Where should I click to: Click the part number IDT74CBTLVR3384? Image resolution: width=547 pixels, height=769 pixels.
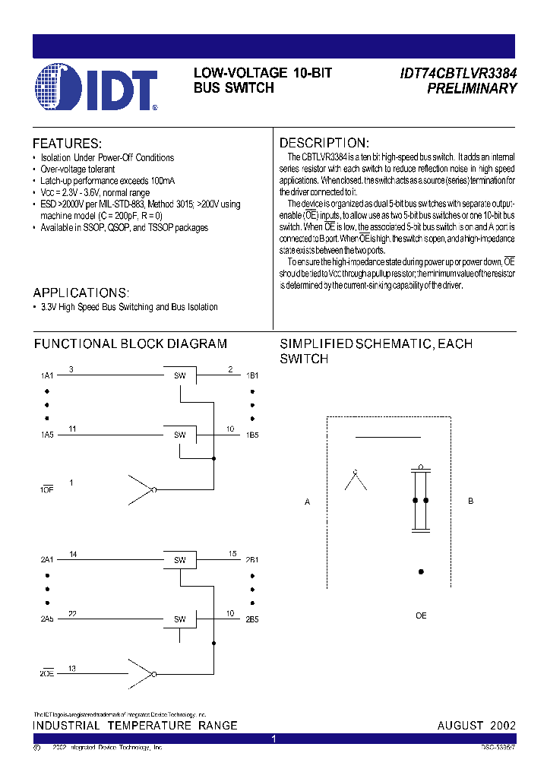click(x=458, y=74)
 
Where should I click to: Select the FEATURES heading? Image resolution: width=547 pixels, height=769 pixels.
click(x=67, y=144)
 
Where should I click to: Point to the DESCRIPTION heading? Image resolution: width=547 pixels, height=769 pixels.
click(x=324, y=144)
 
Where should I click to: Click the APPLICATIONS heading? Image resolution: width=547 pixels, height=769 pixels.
click(x=81, y=293)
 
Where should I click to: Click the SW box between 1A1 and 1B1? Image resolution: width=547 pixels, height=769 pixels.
click(x=180, y=375)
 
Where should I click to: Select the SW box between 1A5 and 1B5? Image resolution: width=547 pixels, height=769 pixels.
click(x=180, y=435)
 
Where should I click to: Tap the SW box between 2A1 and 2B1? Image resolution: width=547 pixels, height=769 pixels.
click(x=180, y=560)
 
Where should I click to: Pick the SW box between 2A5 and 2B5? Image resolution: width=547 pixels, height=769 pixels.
click(x=180, y=619)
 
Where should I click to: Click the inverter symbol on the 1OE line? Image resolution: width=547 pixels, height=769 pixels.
click(x=142, y=490)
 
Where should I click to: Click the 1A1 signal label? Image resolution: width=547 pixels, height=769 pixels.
click(x=47, y=376)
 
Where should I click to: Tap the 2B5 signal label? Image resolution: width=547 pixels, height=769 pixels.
click(x=252, y=620)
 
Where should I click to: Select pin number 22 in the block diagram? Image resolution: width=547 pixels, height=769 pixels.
click(x=71, y=614)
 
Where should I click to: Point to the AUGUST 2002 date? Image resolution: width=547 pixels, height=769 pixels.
click(x=476, y=726)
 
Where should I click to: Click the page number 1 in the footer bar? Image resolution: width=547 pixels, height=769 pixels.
click(x=274, y=739)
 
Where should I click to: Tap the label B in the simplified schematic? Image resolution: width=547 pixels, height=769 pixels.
click(x=471, y=502)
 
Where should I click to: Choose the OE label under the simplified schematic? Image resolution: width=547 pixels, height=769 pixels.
click(x=421, y=616)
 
